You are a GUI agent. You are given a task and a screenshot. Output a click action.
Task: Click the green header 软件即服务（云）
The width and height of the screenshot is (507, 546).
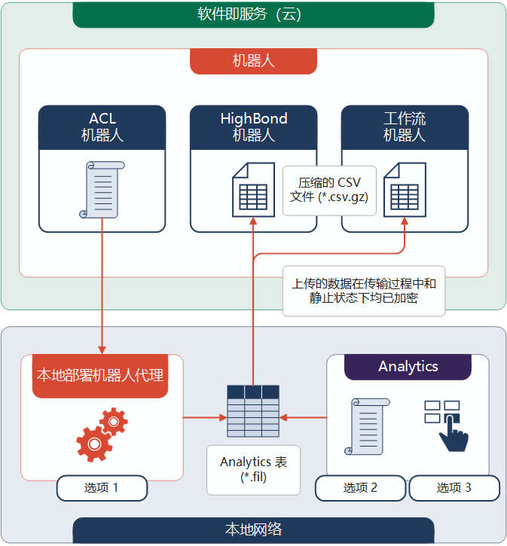[x=253, y=14]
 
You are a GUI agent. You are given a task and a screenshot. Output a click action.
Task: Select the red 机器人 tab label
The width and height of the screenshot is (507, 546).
[x=253, y=61]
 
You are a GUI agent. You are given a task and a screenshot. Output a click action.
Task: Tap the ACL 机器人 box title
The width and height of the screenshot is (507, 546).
[x=102, y=127]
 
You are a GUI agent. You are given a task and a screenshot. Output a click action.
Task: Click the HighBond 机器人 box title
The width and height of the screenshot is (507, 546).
[x=253, y=127]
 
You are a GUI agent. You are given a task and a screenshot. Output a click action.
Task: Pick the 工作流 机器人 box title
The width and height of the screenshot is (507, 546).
[x=405, y=127]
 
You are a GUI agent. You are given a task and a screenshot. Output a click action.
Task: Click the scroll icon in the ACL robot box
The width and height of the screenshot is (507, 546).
[x=102, y=190]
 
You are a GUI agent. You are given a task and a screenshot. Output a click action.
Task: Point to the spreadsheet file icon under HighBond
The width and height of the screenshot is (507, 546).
[x=253, y=191]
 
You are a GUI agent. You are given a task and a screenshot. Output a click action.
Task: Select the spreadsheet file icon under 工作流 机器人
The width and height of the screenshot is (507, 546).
[x=405, y=191]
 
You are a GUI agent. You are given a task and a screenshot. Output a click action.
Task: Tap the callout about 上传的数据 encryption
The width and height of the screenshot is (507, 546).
[x=364, y=291]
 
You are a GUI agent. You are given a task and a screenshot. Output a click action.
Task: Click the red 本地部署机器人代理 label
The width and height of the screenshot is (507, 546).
[x=100, y=375]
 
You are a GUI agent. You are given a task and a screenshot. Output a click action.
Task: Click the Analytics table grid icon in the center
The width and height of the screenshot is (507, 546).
[x=253, y=410]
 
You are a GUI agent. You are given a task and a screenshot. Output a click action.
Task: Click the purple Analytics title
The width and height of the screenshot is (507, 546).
[x=408, y=367]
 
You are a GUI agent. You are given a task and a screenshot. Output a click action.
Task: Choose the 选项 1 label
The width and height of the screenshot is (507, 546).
[x=102, y=488]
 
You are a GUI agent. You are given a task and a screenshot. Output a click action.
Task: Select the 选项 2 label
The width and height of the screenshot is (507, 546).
[x=360, y=488]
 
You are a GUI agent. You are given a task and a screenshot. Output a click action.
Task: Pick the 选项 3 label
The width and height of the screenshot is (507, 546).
[x=454, y=488]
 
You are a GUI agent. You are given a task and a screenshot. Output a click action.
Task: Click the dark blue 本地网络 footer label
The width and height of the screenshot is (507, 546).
[x=253, y=529]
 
